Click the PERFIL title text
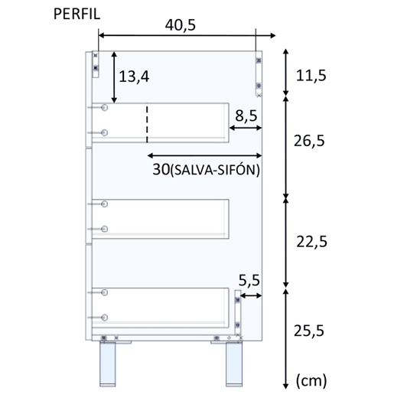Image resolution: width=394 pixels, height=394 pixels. (77, 14)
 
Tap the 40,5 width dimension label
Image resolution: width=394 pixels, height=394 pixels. (181, 25)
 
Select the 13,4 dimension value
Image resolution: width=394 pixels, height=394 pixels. (134, 77)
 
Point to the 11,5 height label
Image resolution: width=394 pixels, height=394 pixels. (311, 76)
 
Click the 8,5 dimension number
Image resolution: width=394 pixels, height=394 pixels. (246, 116)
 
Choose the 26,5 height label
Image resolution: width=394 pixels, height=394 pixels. (309, 141)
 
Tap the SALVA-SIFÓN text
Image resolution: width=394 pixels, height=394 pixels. (214, 170)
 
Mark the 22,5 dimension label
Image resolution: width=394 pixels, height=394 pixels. (311, 242)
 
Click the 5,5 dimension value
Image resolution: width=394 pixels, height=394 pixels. (249, 280)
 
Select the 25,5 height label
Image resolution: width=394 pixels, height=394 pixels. (309, 331)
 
